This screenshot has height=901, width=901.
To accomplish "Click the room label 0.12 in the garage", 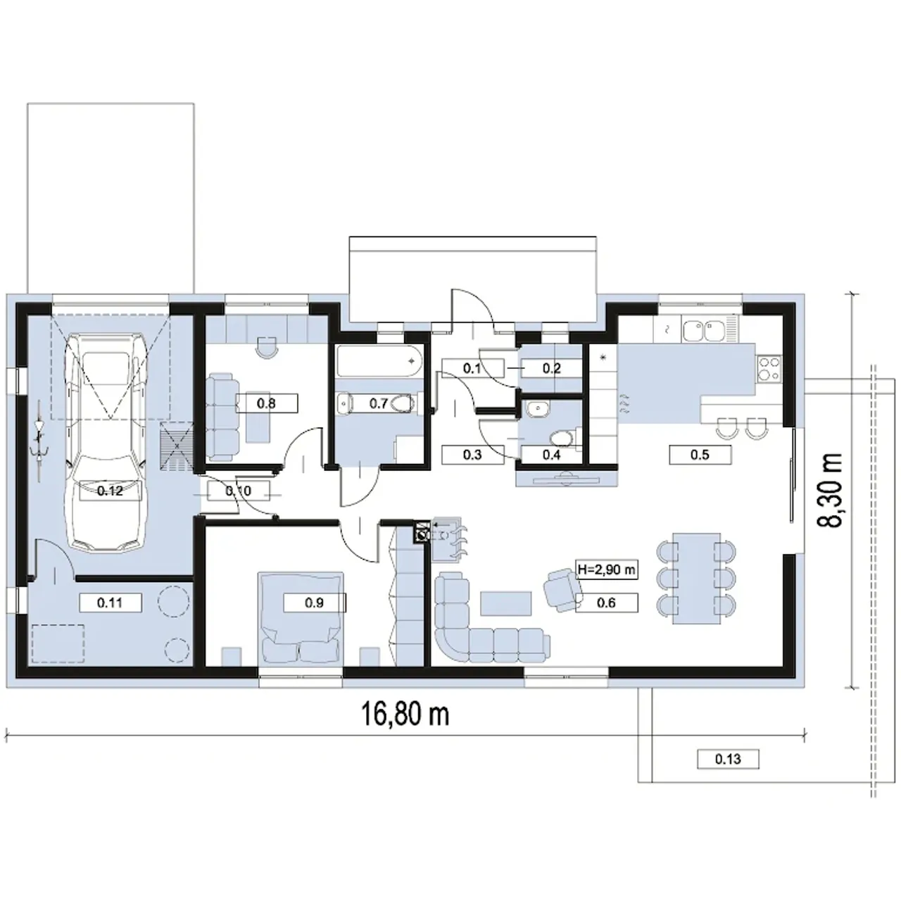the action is tap(110, 491).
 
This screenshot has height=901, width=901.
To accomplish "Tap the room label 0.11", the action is tap(110, 603).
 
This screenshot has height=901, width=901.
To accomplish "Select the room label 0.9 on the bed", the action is tap(314, 603).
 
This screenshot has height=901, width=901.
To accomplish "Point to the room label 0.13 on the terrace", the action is tap(728, 759).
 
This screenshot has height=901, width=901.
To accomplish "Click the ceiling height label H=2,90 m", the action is tap(607, 570).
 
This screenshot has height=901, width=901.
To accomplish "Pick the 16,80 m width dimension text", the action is tap(405, 714).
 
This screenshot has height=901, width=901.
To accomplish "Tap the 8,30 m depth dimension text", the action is tap(832, 490).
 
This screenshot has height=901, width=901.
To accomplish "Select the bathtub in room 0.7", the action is tap(379, 361).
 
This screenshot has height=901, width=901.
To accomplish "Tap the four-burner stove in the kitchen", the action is tap(769, 368).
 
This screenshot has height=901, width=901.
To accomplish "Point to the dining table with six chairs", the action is tap(696, 579).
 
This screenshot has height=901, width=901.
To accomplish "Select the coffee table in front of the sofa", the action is tap(506, 603).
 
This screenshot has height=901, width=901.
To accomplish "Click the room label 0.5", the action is tap(700, 455).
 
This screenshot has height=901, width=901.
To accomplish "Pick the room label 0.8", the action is tap(267, 403).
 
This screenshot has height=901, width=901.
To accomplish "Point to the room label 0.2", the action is tap(552, 368).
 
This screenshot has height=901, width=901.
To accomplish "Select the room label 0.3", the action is tap(472, 455).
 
